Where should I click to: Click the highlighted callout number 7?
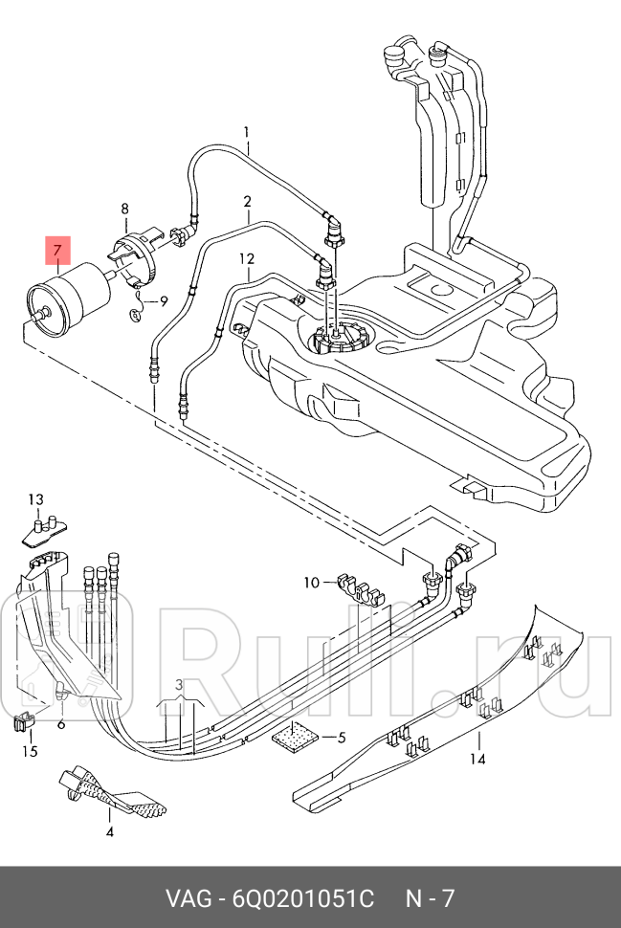pos(57,251)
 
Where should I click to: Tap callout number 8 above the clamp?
pos(125,209)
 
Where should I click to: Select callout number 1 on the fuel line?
pos(247,133)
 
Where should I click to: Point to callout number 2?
pos(248,202)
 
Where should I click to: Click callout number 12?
pos(247,258)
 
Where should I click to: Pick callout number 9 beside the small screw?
pos(164,301)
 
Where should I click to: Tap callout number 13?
pos(36,499)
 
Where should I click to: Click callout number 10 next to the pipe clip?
pos(311,583)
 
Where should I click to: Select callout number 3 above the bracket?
pos(179,685)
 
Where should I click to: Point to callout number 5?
pos(342,738)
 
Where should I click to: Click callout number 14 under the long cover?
pos(477,759)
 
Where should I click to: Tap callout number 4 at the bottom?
pos(109,831)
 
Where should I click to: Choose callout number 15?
pos(30,751)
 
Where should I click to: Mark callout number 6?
pos(61,724)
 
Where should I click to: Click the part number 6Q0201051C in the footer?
pos(302,898)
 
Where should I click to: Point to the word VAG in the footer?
pos(189,898)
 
